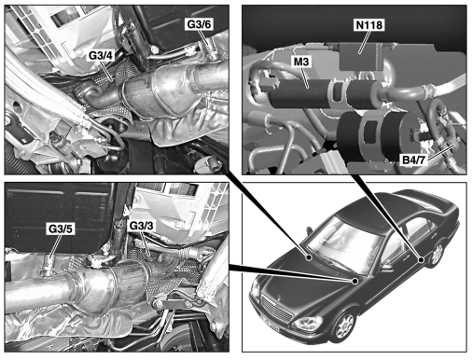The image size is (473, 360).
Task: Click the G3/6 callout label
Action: [x=199, y=24]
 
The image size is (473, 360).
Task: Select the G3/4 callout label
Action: [x=102, y=55]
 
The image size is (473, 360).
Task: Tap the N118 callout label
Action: [x=369, y=25]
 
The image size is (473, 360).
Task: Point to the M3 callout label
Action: [x=301, y=62]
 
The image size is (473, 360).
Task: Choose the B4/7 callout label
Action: [x=413, y=159]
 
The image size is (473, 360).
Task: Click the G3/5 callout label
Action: [x=61, y=228]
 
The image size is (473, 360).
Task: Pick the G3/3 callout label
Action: [x=141, y=226]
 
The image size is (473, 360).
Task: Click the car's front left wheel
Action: [x=343, y=325]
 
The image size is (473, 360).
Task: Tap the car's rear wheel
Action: [x=437, y=254]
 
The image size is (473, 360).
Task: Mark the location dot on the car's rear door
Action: [x=421, y=259]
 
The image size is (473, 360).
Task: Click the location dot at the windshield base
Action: [x=309, y=257]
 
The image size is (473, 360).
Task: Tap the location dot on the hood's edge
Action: [x=355, y=281]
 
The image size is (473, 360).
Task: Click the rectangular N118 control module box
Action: [x=361, y=57]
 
